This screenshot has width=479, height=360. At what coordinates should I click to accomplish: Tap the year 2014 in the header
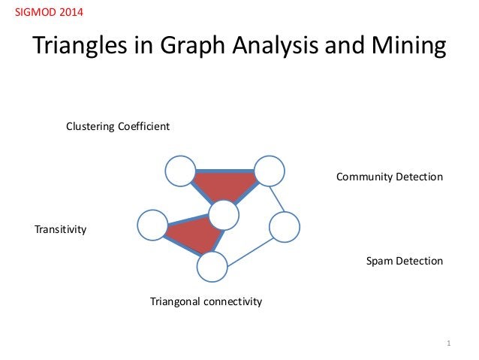tap(71, 14)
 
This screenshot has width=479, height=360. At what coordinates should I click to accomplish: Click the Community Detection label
tap(390, 177)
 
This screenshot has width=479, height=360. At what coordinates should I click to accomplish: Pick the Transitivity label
tap(61, 229)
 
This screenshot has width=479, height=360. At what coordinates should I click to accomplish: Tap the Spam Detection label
tap(405, 262)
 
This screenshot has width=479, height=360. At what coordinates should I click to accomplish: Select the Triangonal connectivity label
tap(206, 301)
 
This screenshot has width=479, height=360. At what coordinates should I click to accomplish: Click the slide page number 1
tap(447, 344)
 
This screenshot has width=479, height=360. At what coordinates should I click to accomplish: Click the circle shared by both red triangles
tap(224, 216)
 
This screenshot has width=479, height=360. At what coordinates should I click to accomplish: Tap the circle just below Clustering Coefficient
tap(180, 171)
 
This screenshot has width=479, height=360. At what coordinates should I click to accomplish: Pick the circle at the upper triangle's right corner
tap(269, 171)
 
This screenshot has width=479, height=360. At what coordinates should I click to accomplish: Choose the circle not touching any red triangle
tap(285, 227)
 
